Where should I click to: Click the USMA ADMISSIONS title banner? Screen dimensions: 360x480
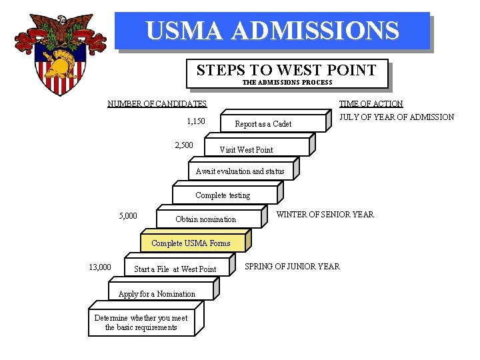point(272,31)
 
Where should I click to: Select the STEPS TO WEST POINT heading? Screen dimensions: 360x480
point(286,70)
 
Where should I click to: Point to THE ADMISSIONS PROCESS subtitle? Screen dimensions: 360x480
point(287,83)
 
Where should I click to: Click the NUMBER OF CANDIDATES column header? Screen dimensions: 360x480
point(157,103)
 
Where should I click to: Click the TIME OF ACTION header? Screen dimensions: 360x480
point(371,103)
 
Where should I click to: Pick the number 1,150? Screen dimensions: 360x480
point(196,121)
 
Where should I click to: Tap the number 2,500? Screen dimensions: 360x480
point(184,145)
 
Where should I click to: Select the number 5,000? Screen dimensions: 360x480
point(128,215)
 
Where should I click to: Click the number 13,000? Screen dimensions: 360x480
point(100,267)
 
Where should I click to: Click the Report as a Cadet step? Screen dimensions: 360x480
point(263,124)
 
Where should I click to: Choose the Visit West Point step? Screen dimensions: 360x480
point(246,149)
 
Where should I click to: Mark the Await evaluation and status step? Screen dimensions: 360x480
point(240,171)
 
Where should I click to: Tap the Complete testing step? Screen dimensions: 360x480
point(223,195)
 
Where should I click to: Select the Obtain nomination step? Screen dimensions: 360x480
point(205,219)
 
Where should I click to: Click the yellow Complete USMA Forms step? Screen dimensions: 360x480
point(191,243)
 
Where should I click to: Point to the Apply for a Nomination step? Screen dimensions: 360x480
point(157,294)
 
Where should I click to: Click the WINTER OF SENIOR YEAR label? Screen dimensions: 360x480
point(325,215)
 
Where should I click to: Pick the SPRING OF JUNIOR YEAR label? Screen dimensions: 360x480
point(292,266)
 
